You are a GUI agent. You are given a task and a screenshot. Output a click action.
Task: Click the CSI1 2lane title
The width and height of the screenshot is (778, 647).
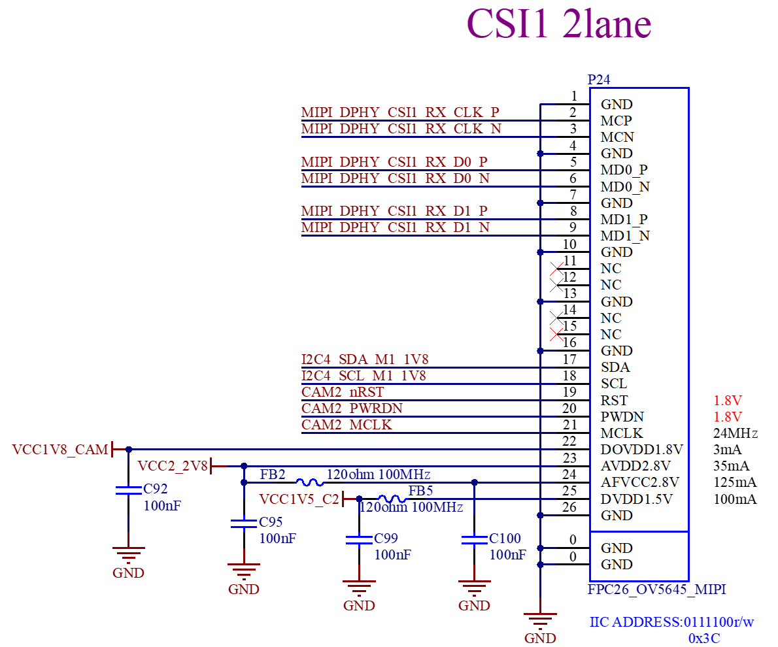559,24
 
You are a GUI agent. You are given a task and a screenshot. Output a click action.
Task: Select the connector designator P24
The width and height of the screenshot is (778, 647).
599,79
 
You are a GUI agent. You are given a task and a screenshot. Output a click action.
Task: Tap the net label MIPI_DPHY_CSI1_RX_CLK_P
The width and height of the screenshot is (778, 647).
400,112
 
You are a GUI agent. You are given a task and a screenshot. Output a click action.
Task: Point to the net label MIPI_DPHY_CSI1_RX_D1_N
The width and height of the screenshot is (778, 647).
396,227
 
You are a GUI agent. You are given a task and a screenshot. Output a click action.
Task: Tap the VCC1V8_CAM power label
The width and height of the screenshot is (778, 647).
60,450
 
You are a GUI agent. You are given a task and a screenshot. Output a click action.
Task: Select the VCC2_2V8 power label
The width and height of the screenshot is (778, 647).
172,466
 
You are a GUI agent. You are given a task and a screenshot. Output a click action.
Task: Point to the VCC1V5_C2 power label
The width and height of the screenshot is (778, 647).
299,499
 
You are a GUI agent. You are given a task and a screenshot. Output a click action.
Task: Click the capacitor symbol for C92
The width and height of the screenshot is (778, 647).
129,490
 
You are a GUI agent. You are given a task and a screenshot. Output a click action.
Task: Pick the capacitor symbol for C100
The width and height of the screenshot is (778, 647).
475,540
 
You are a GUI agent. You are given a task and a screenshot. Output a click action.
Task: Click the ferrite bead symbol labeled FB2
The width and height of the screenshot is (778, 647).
310,482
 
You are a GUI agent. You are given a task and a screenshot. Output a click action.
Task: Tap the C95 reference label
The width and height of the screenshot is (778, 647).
271,522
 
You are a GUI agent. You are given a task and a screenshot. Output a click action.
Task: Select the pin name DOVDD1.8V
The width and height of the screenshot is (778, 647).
641,450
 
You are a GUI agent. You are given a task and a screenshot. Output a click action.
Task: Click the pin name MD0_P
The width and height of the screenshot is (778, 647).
624,170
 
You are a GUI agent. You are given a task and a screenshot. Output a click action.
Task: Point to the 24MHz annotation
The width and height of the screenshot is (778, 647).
736,433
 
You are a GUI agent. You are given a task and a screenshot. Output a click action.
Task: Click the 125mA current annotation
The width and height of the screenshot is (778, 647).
735,482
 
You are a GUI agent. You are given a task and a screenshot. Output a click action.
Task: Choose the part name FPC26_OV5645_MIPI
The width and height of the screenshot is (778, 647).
656,589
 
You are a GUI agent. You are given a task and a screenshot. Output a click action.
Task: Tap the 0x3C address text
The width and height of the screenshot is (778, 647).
704,638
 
